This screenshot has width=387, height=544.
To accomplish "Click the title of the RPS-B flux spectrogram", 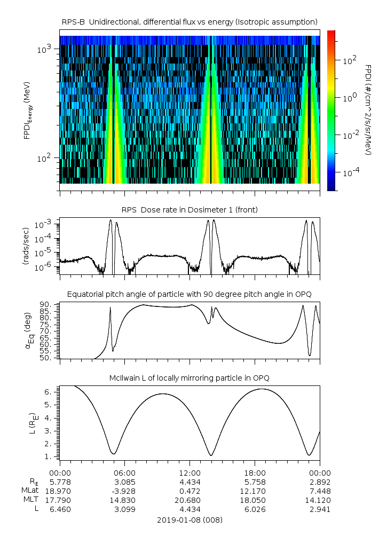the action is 189,22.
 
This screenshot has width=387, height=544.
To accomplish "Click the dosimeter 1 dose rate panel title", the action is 189,210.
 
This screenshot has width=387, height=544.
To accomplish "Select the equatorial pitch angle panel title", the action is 189,294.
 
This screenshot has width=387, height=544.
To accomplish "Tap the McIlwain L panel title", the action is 189,378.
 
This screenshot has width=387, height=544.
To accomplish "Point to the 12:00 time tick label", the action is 189,473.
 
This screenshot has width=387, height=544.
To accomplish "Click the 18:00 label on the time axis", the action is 255,473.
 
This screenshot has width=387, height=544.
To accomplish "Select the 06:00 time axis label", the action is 125,473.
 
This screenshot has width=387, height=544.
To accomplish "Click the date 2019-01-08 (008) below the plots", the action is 189,520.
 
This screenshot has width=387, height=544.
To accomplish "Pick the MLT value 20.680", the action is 189,500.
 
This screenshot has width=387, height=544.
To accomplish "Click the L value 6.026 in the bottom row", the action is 255,509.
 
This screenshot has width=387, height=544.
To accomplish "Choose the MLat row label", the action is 30,491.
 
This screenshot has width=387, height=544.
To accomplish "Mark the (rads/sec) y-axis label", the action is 26,246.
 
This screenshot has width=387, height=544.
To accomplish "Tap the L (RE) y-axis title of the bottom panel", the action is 32,423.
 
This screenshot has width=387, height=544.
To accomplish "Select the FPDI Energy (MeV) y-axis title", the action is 28,111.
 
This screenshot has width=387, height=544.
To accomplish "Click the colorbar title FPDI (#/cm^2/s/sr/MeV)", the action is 368,109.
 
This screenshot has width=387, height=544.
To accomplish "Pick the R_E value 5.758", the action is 255,482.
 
